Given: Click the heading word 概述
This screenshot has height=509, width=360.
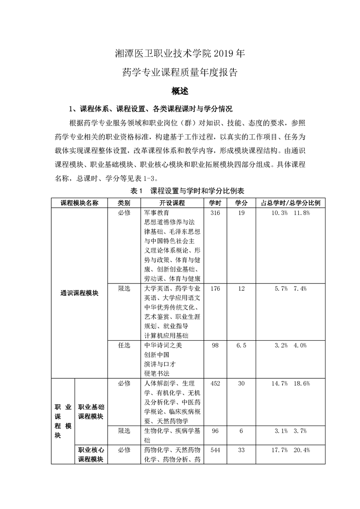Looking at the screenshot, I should [180, 91].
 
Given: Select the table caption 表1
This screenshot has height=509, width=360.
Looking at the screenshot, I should [137, 191].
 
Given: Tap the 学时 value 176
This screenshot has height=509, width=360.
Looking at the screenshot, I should [215, 289].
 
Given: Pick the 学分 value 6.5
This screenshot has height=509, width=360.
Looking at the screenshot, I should [241, 345].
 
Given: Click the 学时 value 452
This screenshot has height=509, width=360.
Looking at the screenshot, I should [215, 383].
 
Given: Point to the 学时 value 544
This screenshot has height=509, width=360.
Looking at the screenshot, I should [215, 450].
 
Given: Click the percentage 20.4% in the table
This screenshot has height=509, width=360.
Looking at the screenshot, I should [301, 450].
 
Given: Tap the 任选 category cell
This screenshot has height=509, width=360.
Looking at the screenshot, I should [124, 345].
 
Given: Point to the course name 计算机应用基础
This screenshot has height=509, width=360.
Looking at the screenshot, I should [166, 336].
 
